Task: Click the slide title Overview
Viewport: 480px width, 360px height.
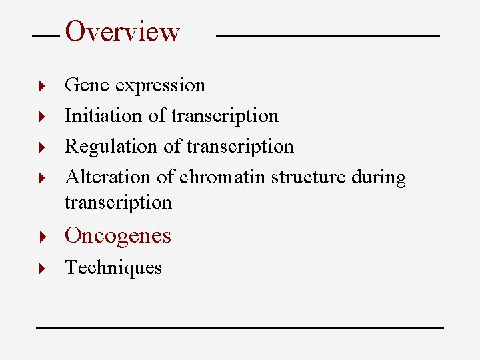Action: tap(123, 31)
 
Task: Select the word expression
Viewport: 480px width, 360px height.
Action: tap(160, 86)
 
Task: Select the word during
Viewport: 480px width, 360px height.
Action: tap(379, 177)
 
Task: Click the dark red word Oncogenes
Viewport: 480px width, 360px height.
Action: tap(117, 235)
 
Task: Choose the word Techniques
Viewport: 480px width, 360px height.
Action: tap(113, 267)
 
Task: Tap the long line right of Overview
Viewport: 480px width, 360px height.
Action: tap(328, 35)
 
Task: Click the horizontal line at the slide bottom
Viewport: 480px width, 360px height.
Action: tap(239, 328)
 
